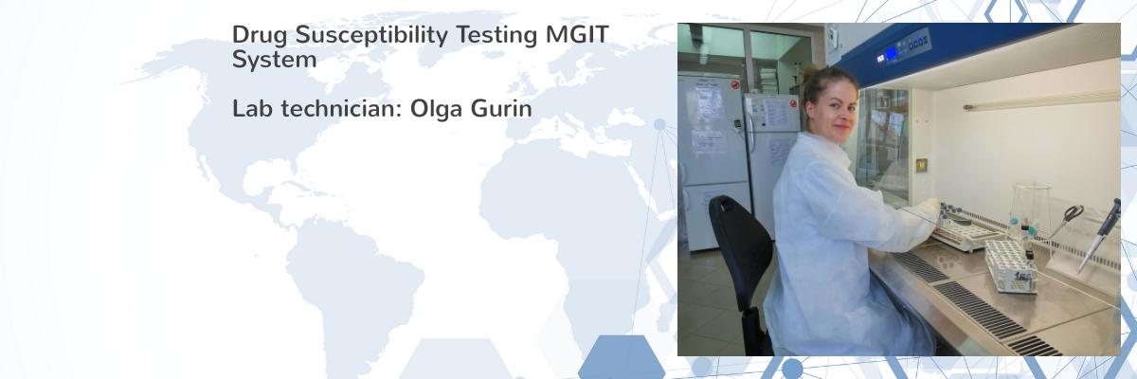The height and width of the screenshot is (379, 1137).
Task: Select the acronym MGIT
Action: click(577, 34)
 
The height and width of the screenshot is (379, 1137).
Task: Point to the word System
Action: click(274, 60)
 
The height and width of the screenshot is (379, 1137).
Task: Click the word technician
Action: click(341, 108)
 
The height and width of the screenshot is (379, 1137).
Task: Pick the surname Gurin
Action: click(501, 108)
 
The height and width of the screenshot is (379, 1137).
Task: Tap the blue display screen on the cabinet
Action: click(891, 53)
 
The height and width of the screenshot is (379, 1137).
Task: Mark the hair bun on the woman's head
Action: click(809, 72)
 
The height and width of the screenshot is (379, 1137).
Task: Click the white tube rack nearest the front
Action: click(1011, 266)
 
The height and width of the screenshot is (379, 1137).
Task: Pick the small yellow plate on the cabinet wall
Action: click(921, 164)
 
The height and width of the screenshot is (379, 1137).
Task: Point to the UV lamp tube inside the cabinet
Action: click(1040, 102)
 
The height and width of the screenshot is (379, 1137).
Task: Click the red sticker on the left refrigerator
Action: click(735, 84)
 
